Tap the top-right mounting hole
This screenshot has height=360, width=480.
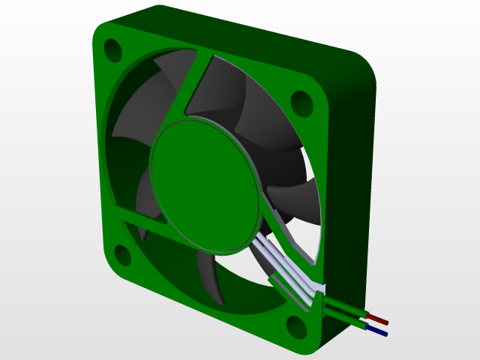(x=301, y=103)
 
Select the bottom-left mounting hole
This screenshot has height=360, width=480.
(x=122, y=256)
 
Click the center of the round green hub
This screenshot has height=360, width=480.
(x=204, y=184)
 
